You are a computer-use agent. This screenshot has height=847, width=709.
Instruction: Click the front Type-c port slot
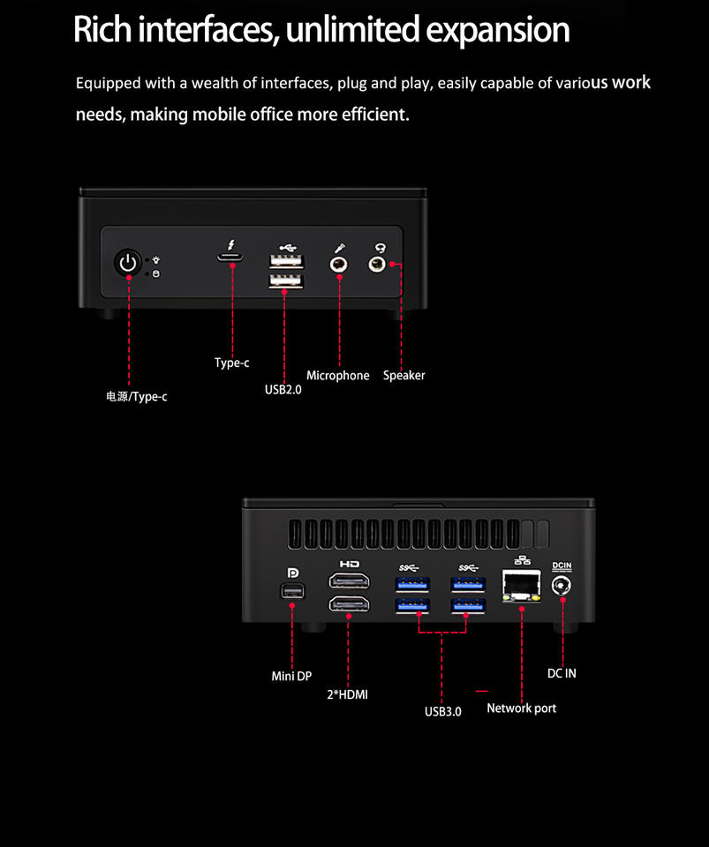point(232,258)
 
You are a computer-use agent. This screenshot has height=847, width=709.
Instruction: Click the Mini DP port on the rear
point(290,592)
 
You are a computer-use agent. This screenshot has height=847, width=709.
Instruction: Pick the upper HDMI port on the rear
point(349,581)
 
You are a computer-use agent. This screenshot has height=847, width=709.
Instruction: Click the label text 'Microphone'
point(337,376)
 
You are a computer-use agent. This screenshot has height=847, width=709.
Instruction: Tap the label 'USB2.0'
point(283,388)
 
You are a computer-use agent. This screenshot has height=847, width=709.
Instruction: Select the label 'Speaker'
point(404,376)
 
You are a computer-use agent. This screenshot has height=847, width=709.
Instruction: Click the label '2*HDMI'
point(347,695)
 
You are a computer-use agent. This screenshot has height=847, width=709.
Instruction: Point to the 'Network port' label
point(521,708)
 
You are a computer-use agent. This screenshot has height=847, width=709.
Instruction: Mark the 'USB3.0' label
point(442,712)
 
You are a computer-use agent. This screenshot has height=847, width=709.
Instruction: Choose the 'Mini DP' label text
point(290,677)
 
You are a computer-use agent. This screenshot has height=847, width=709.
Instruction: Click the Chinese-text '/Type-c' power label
point(136,397)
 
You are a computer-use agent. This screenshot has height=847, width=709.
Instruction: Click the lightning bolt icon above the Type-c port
point(231,244)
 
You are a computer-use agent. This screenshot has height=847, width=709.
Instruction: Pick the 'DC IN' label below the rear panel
point(562,673)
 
